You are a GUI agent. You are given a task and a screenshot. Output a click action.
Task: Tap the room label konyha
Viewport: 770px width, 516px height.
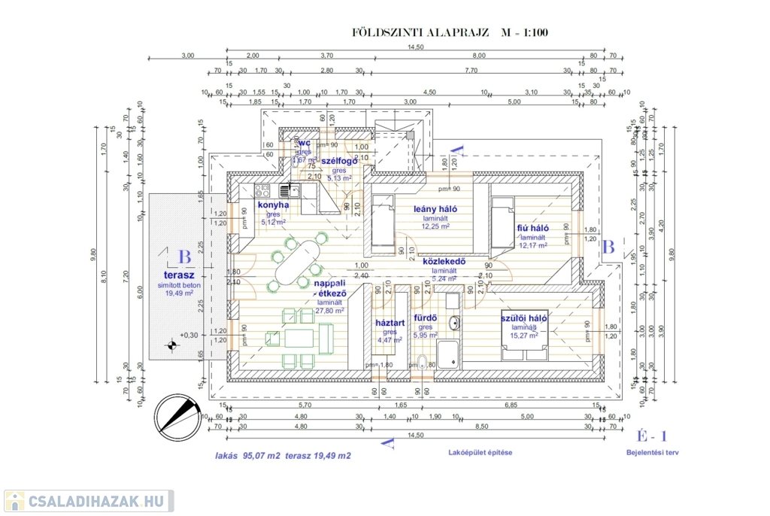(x=273, y=204)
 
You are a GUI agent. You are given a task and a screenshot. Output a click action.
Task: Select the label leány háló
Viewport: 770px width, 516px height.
(x=435, y=209)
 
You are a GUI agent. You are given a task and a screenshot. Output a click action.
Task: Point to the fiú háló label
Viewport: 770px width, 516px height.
(x=532, y=227)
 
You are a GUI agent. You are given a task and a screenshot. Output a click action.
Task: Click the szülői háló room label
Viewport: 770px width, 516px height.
(x=524, y=318)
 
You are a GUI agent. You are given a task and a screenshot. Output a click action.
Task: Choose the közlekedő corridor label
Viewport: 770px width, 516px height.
(x=444, y=262)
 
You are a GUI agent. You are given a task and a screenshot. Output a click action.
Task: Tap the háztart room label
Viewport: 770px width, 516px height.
(x=390, y=323)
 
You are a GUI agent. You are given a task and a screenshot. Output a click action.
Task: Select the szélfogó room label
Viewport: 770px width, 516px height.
(x=338, y=161)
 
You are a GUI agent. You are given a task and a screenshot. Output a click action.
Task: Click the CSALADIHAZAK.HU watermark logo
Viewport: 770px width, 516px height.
(x=89, y=501)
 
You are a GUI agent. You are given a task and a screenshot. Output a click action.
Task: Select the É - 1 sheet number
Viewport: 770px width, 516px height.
(x=652, y=436)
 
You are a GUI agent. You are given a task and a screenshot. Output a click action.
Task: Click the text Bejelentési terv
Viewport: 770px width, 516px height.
(x=652, y=453)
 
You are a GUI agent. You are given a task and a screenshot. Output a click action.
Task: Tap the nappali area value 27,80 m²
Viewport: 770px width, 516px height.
(x=330, y=310)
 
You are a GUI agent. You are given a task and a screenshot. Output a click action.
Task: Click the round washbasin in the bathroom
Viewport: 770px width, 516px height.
(x=454, y=324)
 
